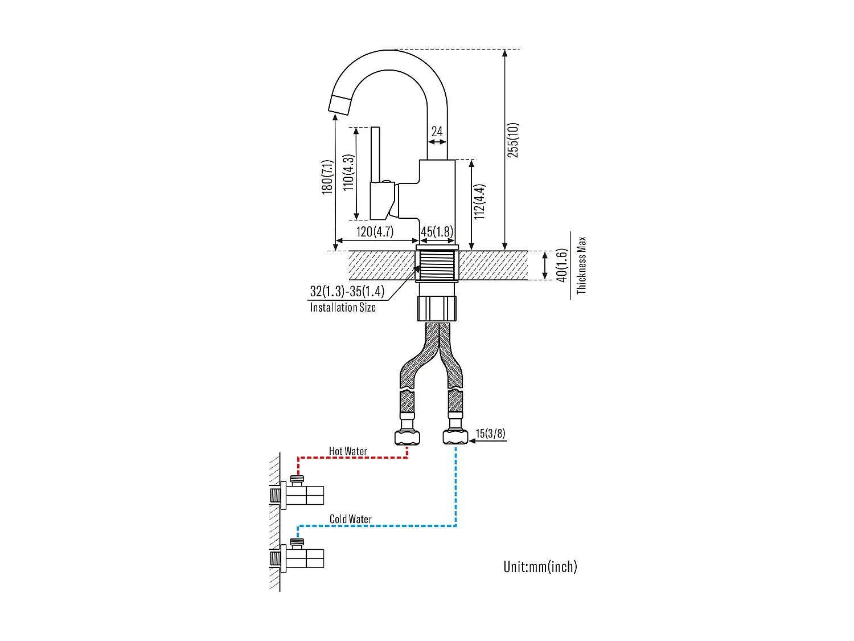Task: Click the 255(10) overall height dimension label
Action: [513, 140]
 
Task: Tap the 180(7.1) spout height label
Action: [327, 177]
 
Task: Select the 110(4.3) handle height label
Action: [348, 172]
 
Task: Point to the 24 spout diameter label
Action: [437, 132]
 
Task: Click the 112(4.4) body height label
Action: [480, 202]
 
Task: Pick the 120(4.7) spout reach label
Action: [375, 231]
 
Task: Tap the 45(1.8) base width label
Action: [437, 231]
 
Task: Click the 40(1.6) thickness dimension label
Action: [562, 265]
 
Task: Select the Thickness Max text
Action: [581, 265]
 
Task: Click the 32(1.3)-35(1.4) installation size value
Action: [347, 291]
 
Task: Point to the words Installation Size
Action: [343, 308]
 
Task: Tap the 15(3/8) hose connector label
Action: [490, 433]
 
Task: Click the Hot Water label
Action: [348, 451]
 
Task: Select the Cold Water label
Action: [350, 519]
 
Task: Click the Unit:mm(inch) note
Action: [540, 566]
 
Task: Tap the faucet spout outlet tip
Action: [340, 105]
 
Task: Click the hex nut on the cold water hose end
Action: [455, 437]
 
